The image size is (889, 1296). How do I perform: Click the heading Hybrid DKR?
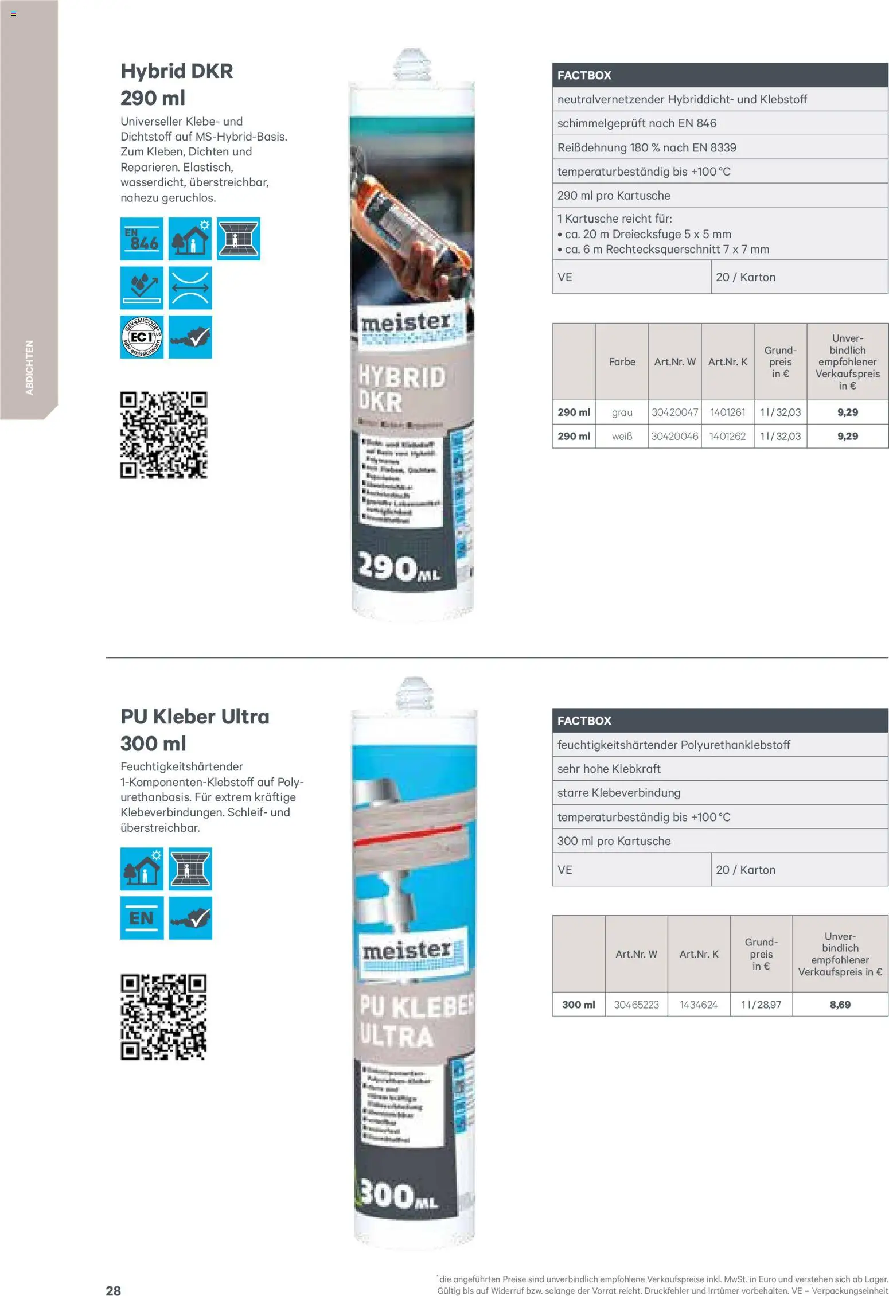[x=177, y=72]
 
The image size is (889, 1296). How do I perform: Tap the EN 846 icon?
[x=142, y=239]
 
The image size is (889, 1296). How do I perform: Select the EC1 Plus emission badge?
[x=142, y=337]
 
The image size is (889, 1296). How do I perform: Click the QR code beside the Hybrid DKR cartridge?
[x=163, y=435]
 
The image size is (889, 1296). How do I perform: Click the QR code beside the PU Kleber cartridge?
[x=163, y=1017]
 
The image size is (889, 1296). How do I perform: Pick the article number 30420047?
[x=674, y=412]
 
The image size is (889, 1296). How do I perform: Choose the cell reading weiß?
[x=622, y=436]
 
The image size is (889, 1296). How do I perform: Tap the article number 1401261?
[x=727, y=412]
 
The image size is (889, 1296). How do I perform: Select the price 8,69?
[x=840, y=1005]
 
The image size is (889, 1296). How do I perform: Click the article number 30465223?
[x=636, y=1005]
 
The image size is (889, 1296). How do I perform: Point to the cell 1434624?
[x=699, y=1005]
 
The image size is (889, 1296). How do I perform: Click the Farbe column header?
[x=622, y=362]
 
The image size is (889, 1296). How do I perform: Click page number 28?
[x=114, y=1290]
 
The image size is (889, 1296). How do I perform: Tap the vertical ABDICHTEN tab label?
[x=29, y=367]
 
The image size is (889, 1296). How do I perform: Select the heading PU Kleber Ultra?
[x=194, y=717]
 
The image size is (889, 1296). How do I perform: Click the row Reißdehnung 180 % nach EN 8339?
[x=719, y=147]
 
